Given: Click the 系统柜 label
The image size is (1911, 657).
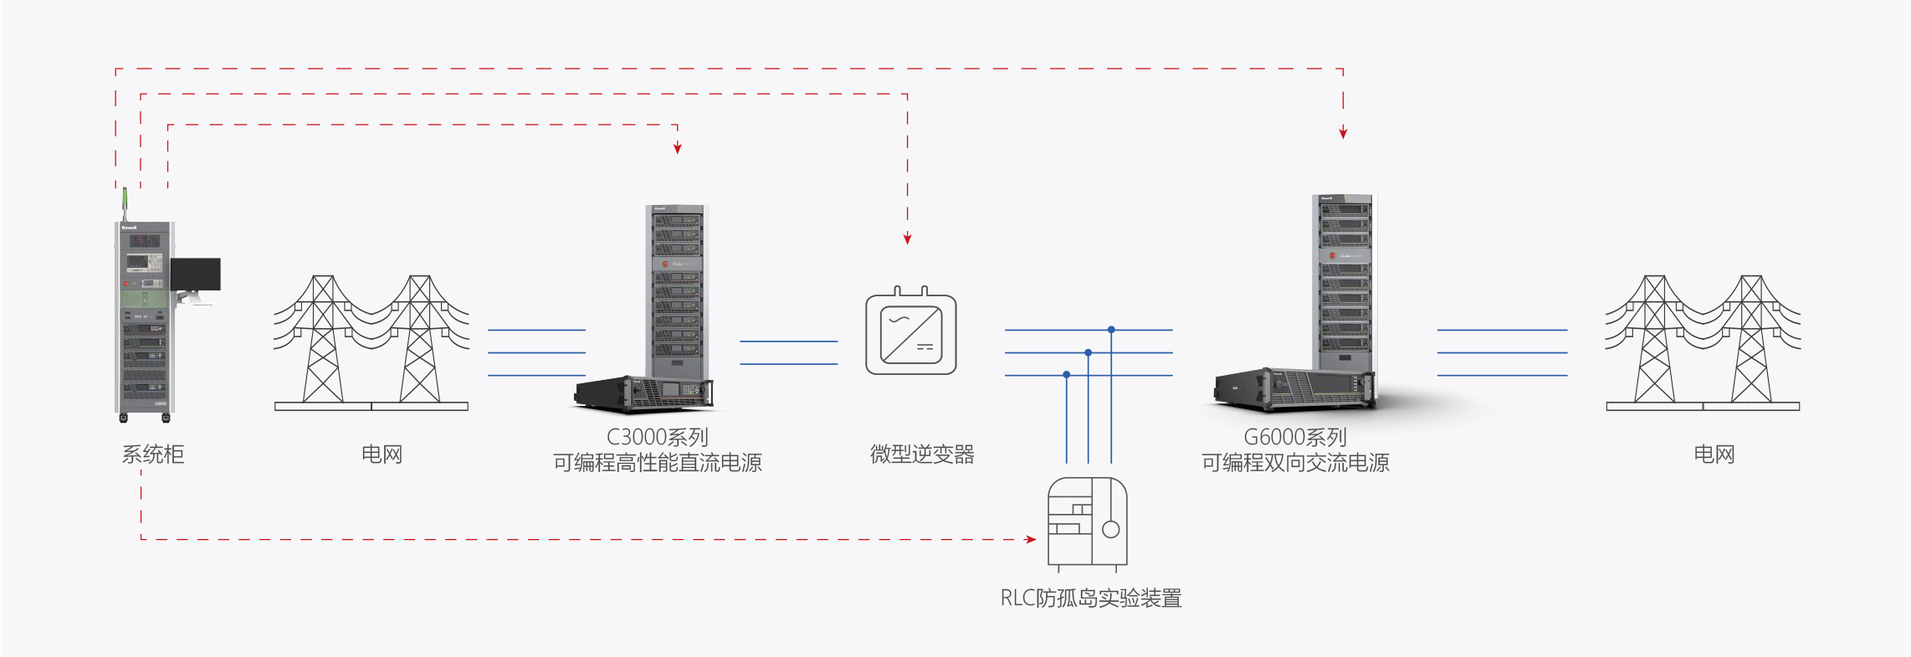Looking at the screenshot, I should (153, 454).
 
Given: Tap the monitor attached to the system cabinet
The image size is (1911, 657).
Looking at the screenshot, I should (196, 275).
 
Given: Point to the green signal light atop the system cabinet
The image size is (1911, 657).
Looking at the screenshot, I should (125, 199).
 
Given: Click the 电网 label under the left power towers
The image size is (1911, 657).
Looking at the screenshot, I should (382, 454).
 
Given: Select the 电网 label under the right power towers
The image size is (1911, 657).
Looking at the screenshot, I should (1714, 454).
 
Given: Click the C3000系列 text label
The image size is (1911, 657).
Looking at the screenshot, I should (657, 437).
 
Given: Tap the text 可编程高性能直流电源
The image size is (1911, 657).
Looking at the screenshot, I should (657, 463).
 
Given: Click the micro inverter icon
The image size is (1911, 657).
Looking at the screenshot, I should (910, 333).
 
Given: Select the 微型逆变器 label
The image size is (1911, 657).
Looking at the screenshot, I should (922, 454).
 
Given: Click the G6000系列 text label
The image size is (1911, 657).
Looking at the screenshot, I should (1294, 437).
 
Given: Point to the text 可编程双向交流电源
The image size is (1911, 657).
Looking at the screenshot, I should (1294, 463).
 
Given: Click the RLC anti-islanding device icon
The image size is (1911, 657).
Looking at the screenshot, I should (1087, 523).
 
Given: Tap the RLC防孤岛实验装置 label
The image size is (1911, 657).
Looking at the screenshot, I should (1091, 598).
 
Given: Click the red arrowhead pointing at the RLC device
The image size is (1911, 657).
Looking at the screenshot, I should (1031, 539).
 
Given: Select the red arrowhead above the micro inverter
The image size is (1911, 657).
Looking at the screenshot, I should (907, 239).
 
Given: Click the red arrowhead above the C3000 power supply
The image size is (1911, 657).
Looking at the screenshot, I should (678, 148).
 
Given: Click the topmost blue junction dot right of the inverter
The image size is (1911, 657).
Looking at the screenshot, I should (1111, 330).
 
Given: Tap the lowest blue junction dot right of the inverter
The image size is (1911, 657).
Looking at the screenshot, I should (1067, 375).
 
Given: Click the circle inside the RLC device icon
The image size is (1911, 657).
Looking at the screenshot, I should (1111, 529).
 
